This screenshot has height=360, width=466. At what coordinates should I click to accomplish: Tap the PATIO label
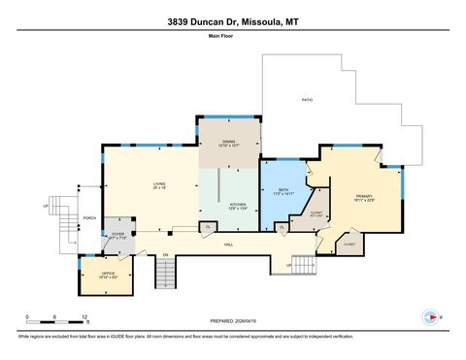[x=307, y=100]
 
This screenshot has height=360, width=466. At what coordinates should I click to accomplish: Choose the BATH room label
[x=282, y=192]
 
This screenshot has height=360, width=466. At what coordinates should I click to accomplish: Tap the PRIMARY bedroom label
[x=364, y=199]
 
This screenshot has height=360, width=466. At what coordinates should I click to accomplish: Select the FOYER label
[x=117, y=235]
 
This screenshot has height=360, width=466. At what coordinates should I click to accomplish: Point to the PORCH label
[x=89, y=217]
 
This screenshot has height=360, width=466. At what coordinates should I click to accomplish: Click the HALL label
[x=229, y=244]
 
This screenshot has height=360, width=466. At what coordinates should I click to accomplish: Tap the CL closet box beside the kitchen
[x=208, y=227]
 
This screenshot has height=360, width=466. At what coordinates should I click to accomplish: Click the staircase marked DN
[x=165, y=274]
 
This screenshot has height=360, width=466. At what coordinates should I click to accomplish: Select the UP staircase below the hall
[x=304, y=264]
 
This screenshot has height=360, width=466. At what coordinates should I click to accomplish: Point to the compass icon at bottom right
[x=428, y=316]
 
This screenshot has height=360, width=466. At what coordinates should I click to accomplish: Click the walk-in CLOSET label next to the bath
[x=316, y=213]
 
